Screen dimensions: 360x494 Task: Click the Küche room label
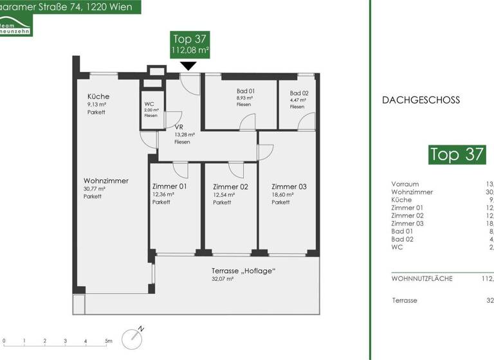(98, 96)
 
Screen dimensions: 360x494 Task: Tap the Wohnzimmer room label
(105, 181)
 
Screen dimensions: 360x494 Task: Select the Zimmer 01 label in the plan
(169, 187)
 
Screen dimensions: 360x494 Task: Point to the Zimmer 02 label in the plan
(230, 187)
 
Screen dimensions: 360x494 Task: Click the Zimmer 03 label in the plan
(289, 187)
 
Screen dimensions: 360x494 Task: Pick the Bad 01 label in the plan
(246, 91)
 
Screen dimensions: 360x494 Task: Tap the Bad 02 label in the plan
(299, 93)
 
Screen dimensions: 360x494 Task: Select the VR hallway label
(179, 127)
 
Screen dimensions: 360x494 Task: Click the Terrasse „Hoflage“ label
(244, 271)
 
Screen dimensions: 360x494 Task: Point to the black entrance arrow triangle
(188, 66)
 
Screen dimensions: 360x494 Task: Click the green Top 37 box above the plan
(190, 44)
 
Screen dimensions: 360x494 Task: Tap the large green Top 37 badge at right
(457, 154)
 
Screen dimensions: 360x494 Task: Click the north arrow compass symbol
(134, 335)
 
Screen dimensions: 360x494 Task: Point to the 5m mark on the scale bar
(108, 341)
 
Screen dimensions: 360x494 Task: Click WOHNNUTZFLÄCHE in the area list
(421, 278)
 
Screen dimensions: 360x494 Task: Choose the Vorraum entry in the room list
(405, 184)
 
